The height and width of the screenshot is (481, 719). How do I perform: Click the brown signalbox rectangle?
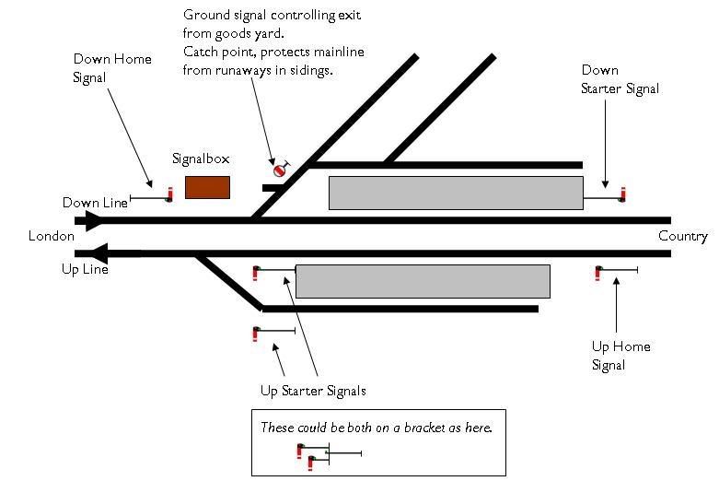[x=207, y=187]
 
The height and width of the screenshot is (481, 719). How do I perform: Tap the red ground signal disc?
[x=280, y=170]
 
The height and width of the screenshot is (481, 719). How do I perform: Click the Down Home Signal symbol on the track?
[x=168, y=195]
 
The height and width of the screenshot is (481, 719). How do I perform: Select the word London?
[x=51, y=237]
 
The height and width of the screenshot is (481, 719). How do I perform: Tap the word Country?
[x=683, y=237]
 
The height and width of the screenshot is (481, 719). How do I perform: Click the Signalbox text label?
[x=201, y=158]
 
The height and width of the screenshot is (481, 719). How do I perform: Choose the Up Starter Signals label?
[x=313, y=391]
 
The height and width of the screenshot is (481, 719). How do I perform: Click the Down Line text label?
[x=95, y=203]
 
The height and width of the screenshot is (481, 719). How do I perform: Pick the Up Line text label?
[x=85, y=270]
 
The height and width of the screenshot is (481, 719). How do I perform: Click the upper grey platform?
[x=456, y=193]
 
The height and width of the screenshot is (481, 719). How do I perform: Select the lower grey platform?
[x=422, y=281]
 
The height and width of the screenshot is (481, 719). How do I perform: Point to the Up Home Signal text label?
[x=620, y=356]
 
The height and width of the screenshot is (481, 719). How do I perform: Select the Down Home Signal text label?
[x=112, y=68]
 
